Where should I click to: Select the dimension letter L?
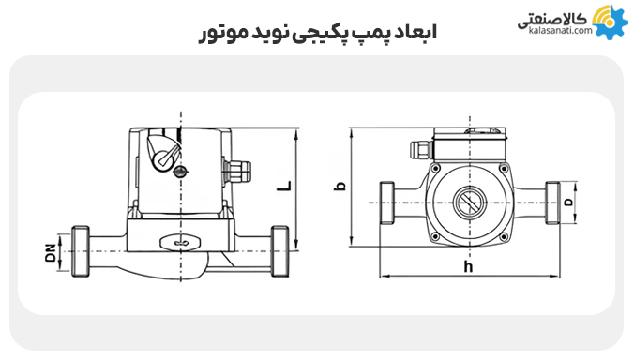(283, 184)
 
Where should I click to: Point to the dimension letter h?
(468, 267)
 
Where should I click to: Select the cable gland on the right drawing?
(416, 148)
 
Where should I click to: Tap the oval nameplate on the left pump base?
(177, 241)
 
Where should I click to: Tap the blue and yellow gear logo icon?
(610, 21)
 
